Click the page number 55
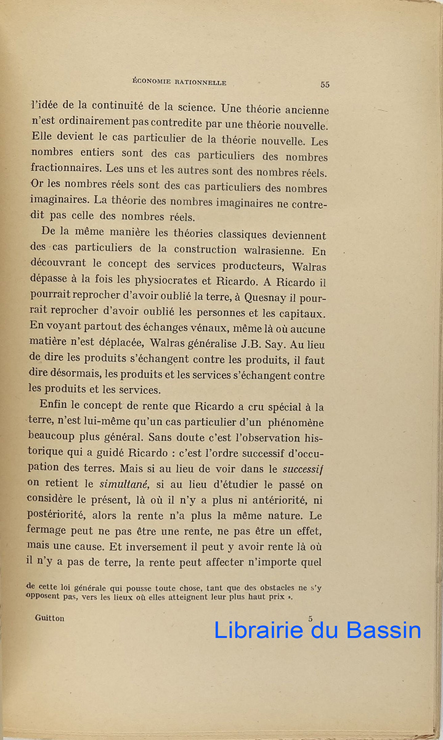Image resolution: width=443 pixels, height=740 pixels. (325, 84)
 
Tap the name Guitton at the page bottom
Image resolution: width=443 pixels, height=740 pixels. (50, 618)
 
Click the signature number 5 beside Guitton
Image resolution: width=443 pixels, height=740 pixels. (311, 618)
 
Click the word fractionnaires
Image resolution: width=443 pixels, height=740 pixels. (66, 169)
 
